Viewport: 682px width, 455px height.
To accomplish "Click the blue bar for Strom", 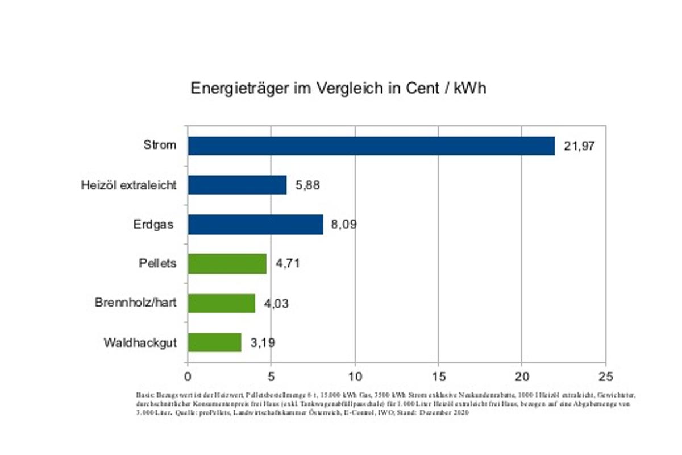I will coord(371,146).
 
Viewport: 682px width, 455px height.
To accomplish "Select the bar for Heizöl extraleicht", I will coord(237,185).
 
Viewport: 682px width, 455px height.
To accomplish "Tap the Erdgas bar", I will coord(255,224).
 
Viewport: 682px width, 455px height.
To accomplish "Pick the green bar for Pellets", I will coord(227,264).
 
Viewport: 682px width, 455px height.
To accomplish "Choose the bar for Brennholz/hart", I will coord(221,303).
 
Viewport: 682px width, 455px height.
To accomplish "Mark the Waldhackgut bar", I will coord(214,342).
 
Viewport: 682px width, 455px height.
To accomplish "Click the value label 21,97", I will coord(579,146).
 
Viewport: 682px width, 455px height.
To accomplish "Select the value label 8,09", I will coord(343,225).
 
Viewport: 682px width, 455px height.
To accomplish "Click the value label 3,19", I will coord(263,343).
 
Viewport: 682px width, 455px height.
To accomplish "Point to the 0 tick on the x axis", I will coord(188,377).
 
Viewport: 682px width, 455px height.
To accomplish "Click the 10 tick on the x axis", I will coord(355,377).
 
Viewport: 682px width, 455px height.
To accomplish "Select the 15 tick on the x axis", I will coord(438,377).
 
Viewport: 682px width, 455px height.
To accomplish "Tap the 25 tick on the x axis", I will coord(605,377).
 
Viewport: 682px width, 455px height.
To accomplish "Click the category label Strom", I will coord(159,145).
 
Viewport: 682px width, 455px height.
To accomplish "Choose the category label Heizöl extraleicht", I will coord(128,185).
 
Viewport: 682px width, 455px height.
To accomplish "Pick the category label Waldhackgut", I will coord(140,343).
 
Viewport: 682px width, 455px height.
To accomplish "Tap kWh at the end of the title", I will coord(469,89).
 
